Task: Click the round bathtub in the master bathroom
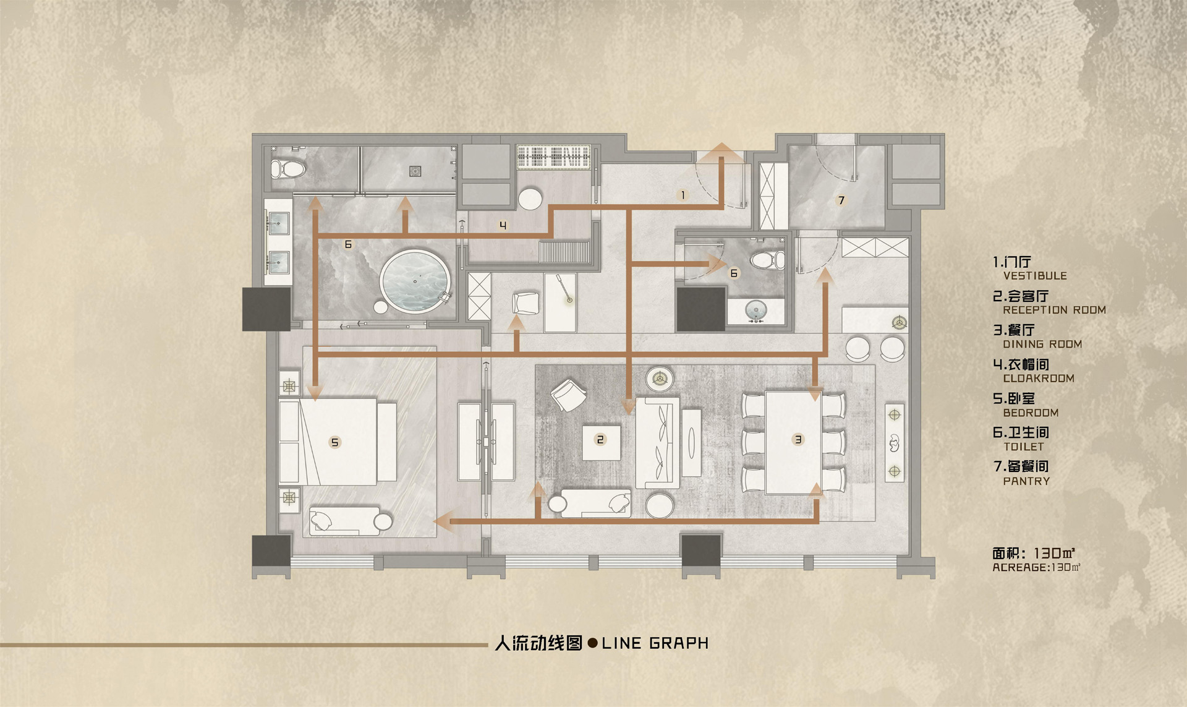tap(414, 282)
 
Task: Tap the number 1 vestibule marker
tap(683, 195)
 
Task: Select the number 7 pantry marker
tap(841, 200)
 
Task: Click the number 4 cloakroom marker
tap(503, 226)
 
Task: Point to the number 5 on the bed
tap(334, 442)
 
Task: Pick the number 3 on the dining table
tap(798, 440)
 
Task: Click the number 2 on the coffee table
tap(600, 440)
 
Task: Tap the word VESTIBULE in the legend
tap(1035, 276)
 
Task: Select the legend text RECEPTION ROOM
tap(1054, 310)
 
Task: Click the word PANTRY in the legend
tap(1026, 481)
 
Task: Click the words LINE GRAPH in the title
tap(655, 643)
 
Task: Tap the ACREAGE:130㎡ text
tap(1036, 567)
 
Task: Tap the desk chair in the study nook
tap(526, 303)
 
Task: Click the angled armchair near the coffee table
tap(568, 395)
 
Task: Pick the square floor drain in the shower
tap(415, 171)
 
